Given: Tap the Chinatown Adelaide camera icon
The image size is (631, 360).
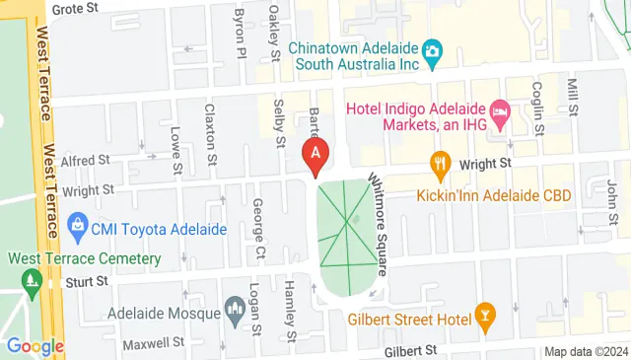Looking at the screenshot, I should (431, 49).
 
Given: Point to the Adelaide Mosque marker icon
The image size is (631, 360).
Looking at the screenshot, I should (235, 309).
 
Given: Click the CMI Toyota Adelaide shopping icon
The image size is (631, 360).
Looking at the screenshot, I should (77, 229).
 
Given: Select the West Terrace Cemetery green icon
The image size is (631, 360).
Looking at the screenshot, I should (32, 280).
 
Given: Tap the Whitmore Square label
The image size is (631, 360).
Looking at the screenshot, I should (379, 222).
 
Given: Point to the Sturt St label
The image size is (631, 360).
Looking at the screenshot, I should (88, 282).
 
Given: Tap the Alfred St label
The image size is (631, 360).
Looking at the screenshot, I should (85, 160).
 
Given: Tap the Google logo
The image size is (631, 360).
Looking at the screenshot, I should (35, 346).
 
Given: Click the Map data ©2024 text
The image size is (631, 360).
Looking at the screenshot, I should (586, 352).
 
